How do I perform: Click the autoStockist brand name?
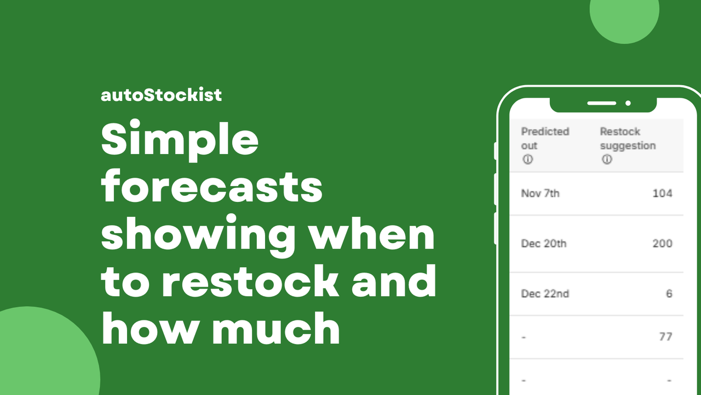click(x=161, y=95)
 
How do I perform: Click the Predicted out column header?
click(x=545, y=138)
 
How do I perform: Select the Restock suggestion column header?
click(x=628, y=138)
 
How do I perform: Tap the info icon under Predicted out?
click(x=527, y=160)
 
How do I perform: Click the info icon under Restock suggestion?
click(x=606, y=160)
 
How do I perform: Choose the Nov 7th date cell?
click(x=540, y=193)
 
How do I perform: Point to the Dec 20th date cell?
click(x=543, y=243)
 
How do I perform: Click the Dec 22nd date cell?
click(x=545, y=294)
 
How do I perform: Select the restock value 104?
click(x=662, y=193)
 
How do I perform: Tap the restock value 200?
click(x=662, y=243)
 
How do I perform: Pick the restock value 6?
click(x=669, y=294)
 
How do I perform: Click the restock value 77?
click(x=665, y=336)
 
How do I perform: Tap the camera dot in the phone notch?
click(x=628, y=103)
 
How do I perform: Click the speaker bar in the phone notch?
click(x=601, y=103)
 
